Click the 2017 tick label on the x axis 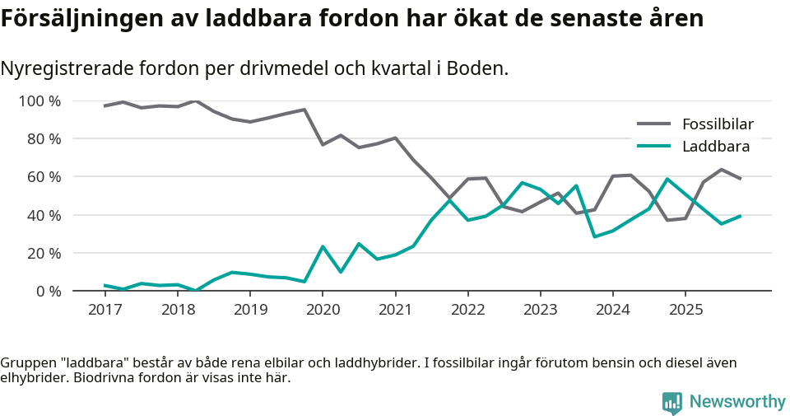point(105,310)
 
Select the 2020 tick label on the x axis point(322,310)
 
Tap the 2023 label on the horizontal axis point(540,310)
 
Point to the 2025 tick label point(685,310)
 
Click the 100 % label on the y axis point(39,101)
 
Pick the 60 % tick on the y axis point(44,177)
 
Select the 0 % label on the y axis point(48,291)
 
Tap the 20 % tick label point(44,253)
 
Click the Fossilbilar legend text point(718,124)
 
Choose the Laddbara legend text point(715,147)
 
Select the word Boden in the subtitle point(478,68)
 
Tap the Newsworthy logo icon point(672,402)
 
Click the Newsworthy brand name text point(737,402)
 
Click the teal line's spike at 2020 point(323,246)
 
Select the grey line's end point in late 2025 point(740,179)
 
